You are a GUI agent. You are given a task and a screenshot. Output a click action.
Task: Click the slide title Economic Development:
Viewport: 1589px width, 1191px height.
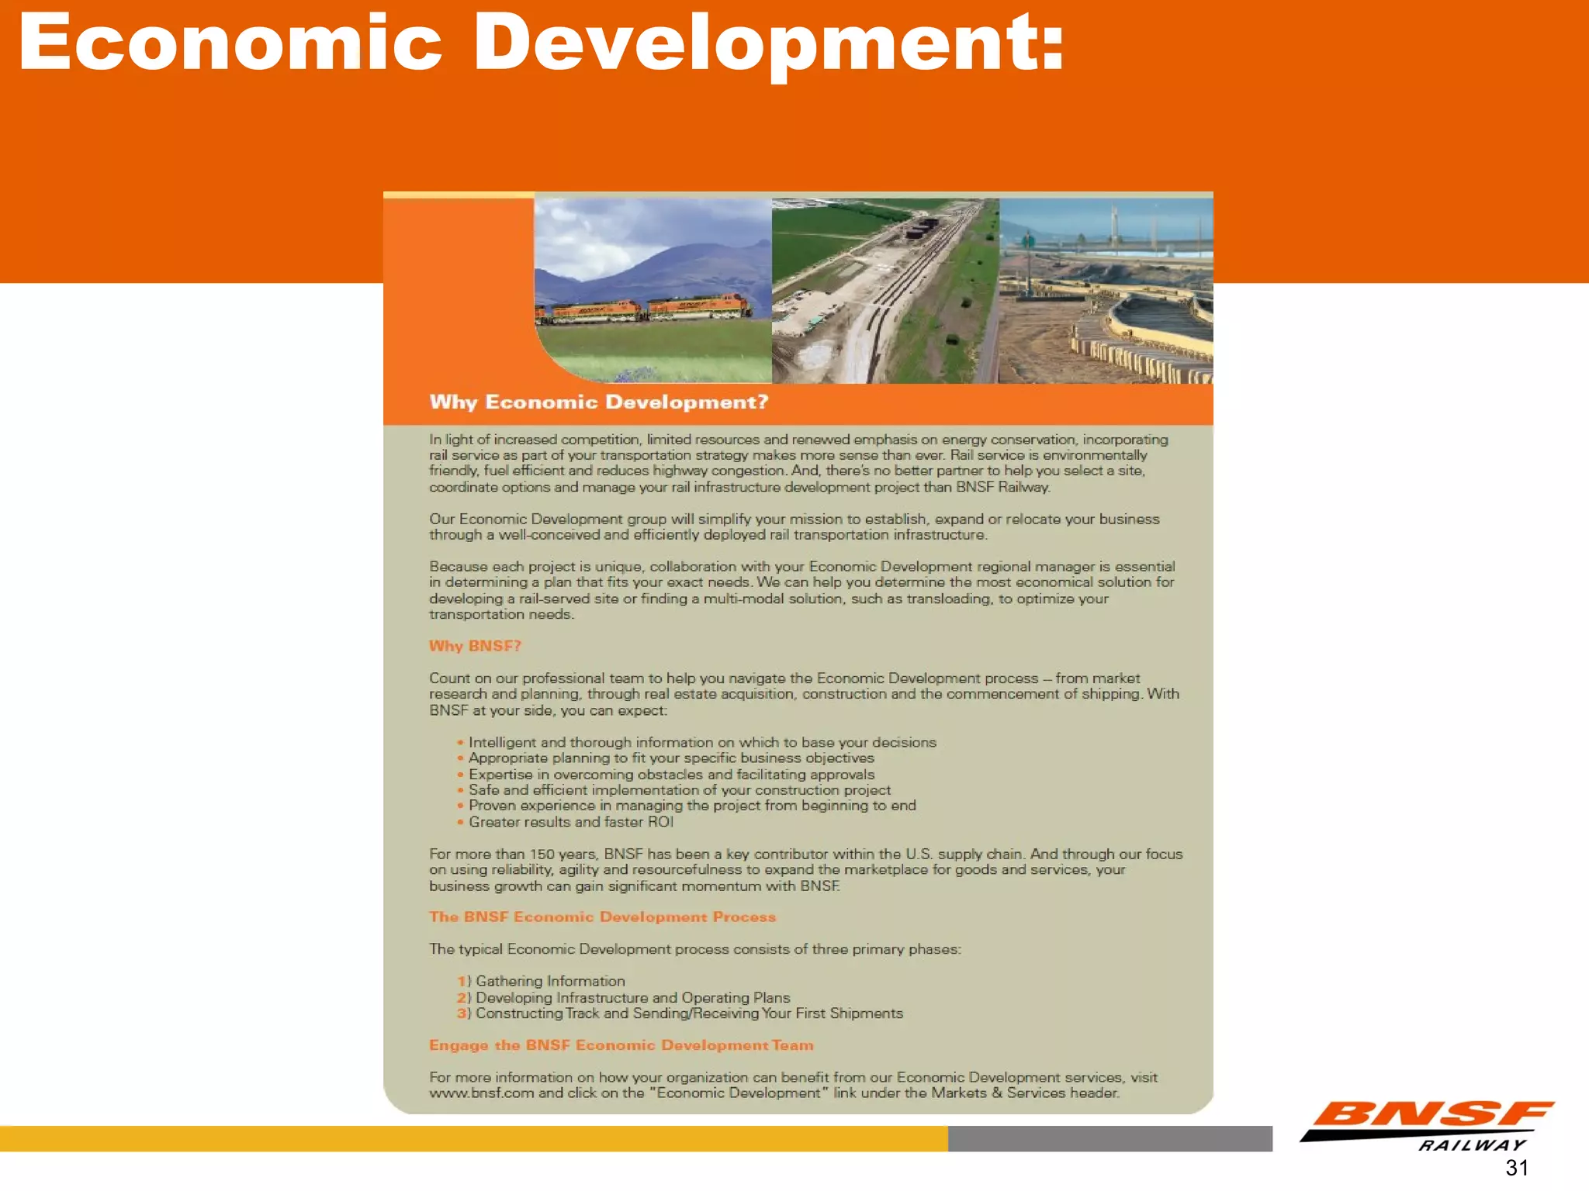pos(542,43)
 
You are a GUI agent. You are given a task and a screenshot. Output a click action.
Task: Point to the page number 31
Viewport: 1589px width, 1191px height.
pos(1517,1168)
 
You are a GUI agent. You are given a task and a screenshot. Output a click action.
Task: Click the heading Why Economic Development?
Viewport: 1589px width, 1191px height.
pos(598,402)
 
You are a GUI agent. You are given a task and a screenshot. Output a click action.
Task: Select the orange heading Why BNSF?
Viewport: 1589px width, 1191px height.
pos(475,646)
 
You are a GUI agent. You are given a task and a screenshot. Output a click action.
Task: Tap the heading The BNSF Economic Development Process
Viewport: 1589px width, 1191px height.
pos(602,917)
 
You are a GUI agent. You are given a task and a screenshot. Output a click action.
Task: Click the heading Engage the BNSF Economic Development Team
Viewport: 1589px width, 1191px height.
pos(621,1045)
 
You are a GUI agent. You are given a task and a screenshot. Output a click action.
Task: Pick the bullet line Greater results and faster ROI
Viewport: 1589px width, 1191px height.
pos(570,822)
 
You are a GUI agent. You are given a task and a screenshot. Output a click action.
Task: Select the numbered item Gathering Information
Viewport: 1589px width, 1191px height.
pos(549,981)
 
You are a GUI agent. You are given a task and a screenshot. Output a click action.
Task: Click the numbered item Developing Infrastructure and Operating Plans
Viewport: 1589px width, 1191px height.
pos(632,997)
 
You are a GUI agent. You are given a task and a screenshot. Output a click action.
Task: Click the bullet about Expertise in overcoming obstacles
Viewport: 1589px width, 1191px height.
pos(670,775)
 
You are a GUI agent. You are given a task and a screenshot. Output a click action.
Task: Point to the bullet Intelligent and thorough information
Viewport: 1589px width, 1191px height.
pos(701,742)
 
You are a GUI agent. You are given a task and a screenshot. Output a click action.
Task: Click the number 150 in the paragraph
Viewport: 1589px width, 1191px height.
pos(542,854)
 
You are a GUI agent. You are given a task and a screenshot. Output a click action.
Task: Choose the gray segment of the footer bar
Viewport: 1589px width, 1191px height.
pos(1110,1138)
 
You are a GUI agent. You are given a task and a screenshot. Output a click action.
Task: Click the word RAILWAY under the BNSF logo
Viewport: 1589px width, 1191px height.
pos(1472,1145)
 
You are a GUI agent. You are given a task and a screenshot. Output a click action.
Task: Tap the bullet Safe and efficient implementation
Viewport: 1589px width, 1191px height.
pos(679,790)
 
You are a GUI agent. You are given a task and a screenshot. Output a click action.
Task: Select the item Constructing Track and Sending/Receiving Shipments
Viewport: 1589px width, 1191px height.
pos(688,1013)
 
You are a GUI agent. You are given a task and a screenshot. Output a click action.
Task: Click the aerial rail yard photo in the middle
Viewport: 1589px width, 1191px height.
pos(885,291)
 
